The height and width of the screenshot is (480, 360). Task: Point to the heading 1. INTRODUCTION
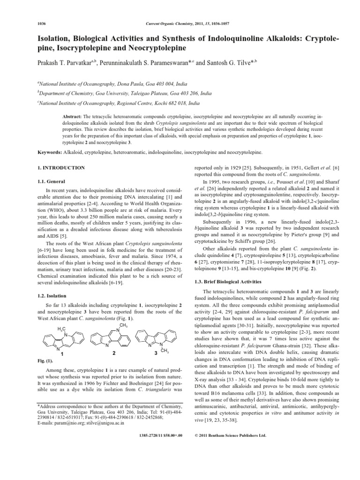click(60, 168)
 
